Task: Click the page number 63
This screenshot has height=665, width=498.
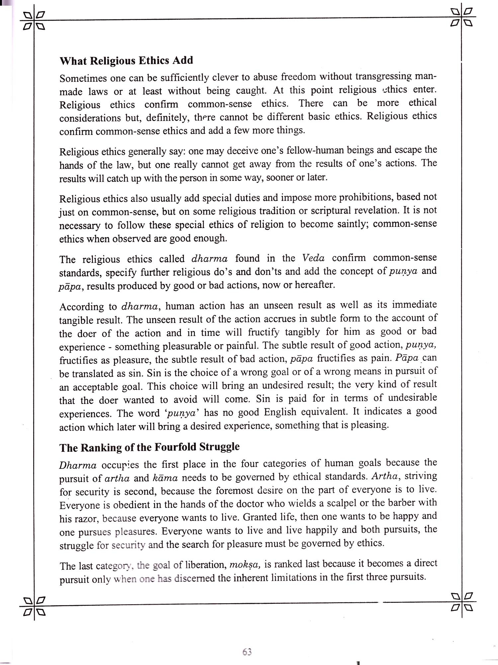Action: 247,652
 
